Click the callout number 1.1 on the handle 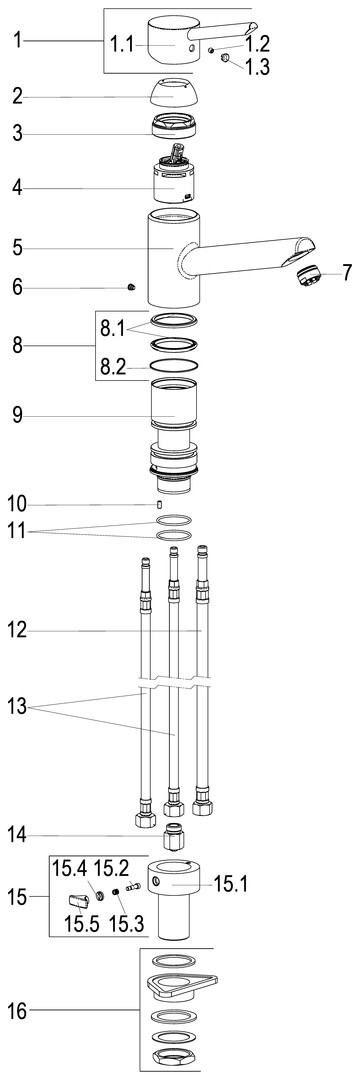tap(123, 46)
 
